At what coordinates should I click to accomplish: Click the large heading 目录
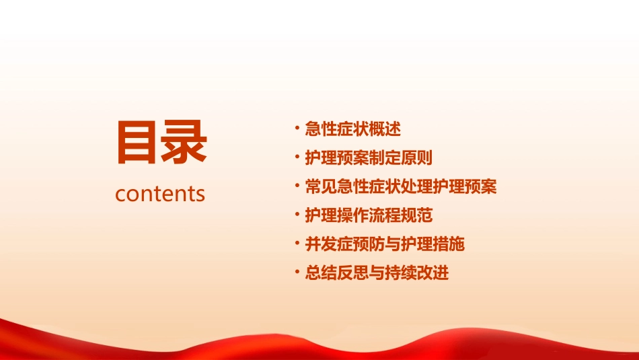[161, 142]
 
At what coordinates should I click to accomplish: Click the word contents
[160, 194]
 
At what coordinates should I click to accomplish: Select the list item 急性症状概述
[352, 129]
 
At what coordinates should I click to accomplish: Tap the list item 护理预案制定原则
[369, 158]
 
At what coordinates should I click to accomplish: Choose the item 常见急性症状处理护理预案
[401, 187]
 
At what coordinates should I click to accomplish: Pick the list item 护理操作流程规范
[369, 216]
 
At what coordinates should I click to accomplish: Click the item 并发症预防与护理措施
[385, 244]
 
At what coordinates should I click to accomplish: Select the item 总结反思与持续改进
[377, 273]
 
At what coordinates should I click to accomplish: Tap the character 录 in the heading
[184, 142]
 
